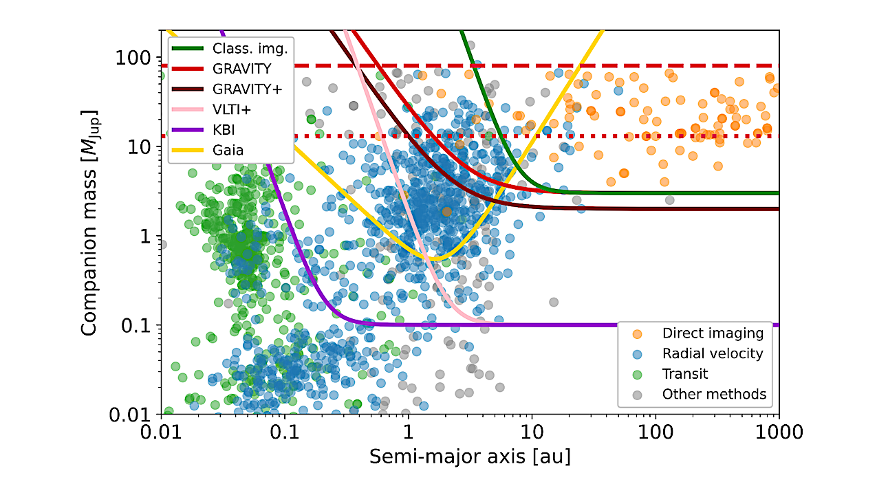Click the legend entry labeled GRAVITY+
point(248,89)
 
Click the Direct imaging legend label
point(713,333)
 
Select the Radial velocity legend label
point(713,353)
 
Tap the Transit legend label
point(685,374)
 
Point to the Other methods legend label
point(714,394)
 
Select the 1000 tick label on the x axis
point(778,434)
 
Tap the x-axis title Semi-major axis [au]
point(469,456)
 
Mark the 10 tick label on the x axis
point(531,434)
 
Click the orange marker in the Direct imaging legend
point(637,333)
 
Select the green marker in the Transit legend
point(637,374)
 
